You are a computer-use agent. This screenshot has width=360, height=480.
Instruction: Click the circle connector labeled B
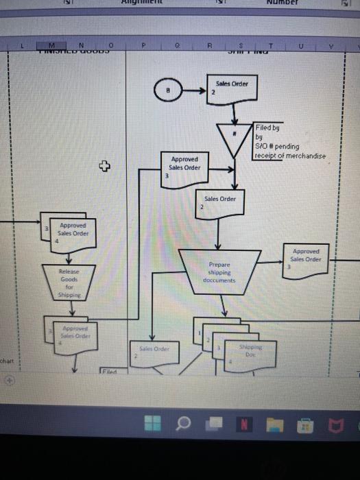tap(169, 89)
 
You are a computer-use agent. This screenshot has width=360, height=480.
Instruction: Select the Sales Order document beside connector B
tap(230, 89)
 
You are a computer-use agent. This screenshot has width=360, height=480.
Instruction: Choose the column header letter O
tap(109, 44)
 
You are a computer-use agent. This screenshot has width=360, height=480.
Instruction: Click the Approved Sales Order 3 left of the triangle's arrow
tap(184, 165)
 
